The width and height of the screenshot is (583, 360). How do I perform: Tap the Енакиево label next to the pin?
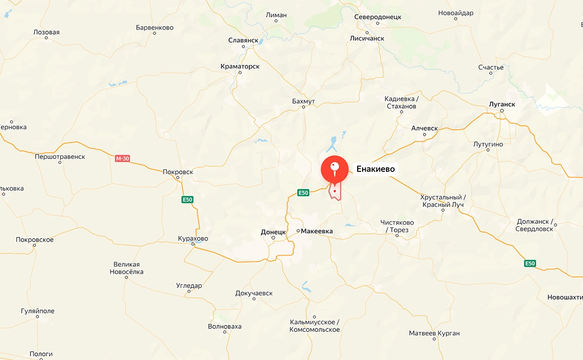pos(375,169)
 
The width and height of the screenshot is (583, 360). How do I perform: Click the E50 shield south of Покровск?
pos(187,200)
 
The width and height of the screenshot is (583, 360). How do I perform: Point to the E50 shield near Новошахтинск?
pos(530,264)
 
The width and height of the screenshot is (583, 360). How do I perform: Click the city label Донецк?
pos(273,232)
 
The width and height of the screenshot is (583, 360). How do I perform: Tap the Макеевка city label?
pos(317,231)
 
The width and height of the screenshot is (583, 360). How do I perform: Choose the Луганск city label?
pos(502,104)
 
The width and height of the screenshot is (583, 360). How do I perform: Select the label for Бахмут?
pos(303,101)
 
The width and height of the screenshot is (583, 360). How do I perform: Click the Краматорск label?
pos(240,66)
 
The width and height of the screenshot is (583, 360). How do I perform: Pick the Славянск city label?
pos(244,40)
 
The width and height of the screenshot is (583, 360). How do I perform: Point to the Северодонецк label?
pos(377,17)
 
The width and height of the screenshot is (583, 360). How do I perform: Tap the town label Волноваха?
pos(225,326)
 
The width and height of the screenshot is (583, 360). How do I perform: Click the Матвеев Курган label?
pos(434,333)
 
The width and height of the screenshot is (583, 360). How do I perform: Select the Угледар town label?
pos(189,285)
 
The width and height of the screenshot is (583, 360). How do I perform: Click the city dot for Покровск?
pos(178,178)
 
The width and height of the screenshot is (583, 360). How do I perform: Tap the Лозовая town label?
pos(46,32)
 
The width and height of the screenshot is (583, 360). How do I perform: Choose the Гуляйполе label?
pos(38,311)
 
